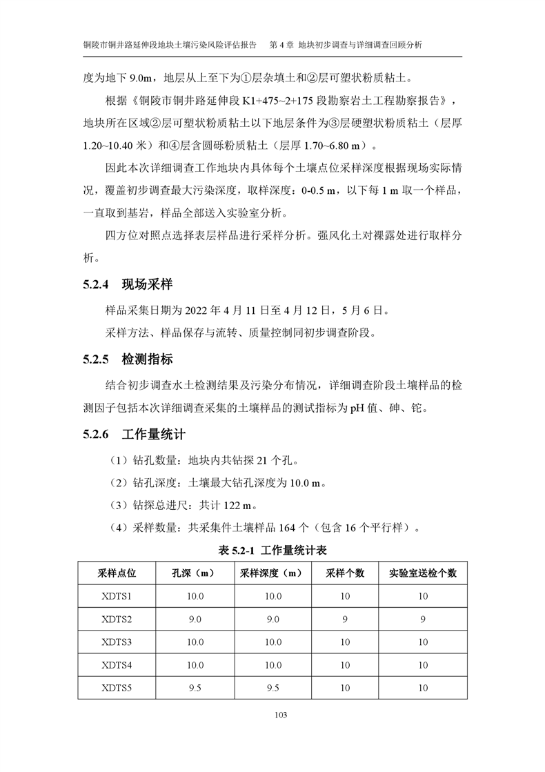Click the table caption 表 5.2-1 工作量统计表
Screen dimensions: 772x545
(272, 550)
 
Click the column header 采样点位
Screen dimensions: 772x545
(117, 573)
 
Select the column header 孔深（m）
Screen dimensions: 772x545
(195, 573)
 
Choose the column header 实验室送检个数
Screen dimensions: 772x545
(422, 573)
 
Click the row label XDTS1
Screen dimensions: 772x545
(117, 596)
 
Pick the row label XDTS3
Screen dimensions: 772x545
(117, 642)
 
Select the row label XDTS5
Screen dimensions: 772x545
(117, 688)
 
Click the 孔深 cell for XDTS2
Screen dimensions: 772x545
(195, 620)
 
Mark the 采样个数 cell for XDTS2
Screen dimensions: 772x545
(344, 620)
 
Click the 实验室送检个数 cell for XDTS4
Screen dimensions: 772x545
(422, 665)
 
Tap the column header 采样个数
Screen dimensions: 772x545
(344, 573)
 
